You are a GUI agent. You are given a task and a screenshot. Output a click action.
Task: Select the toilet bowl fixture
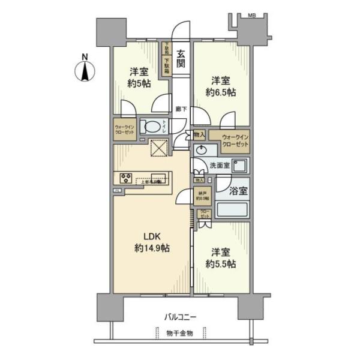tap(153, 127)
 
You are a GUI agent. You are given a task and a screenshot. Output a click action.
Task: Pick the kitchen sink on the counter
tap(158, 178)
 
